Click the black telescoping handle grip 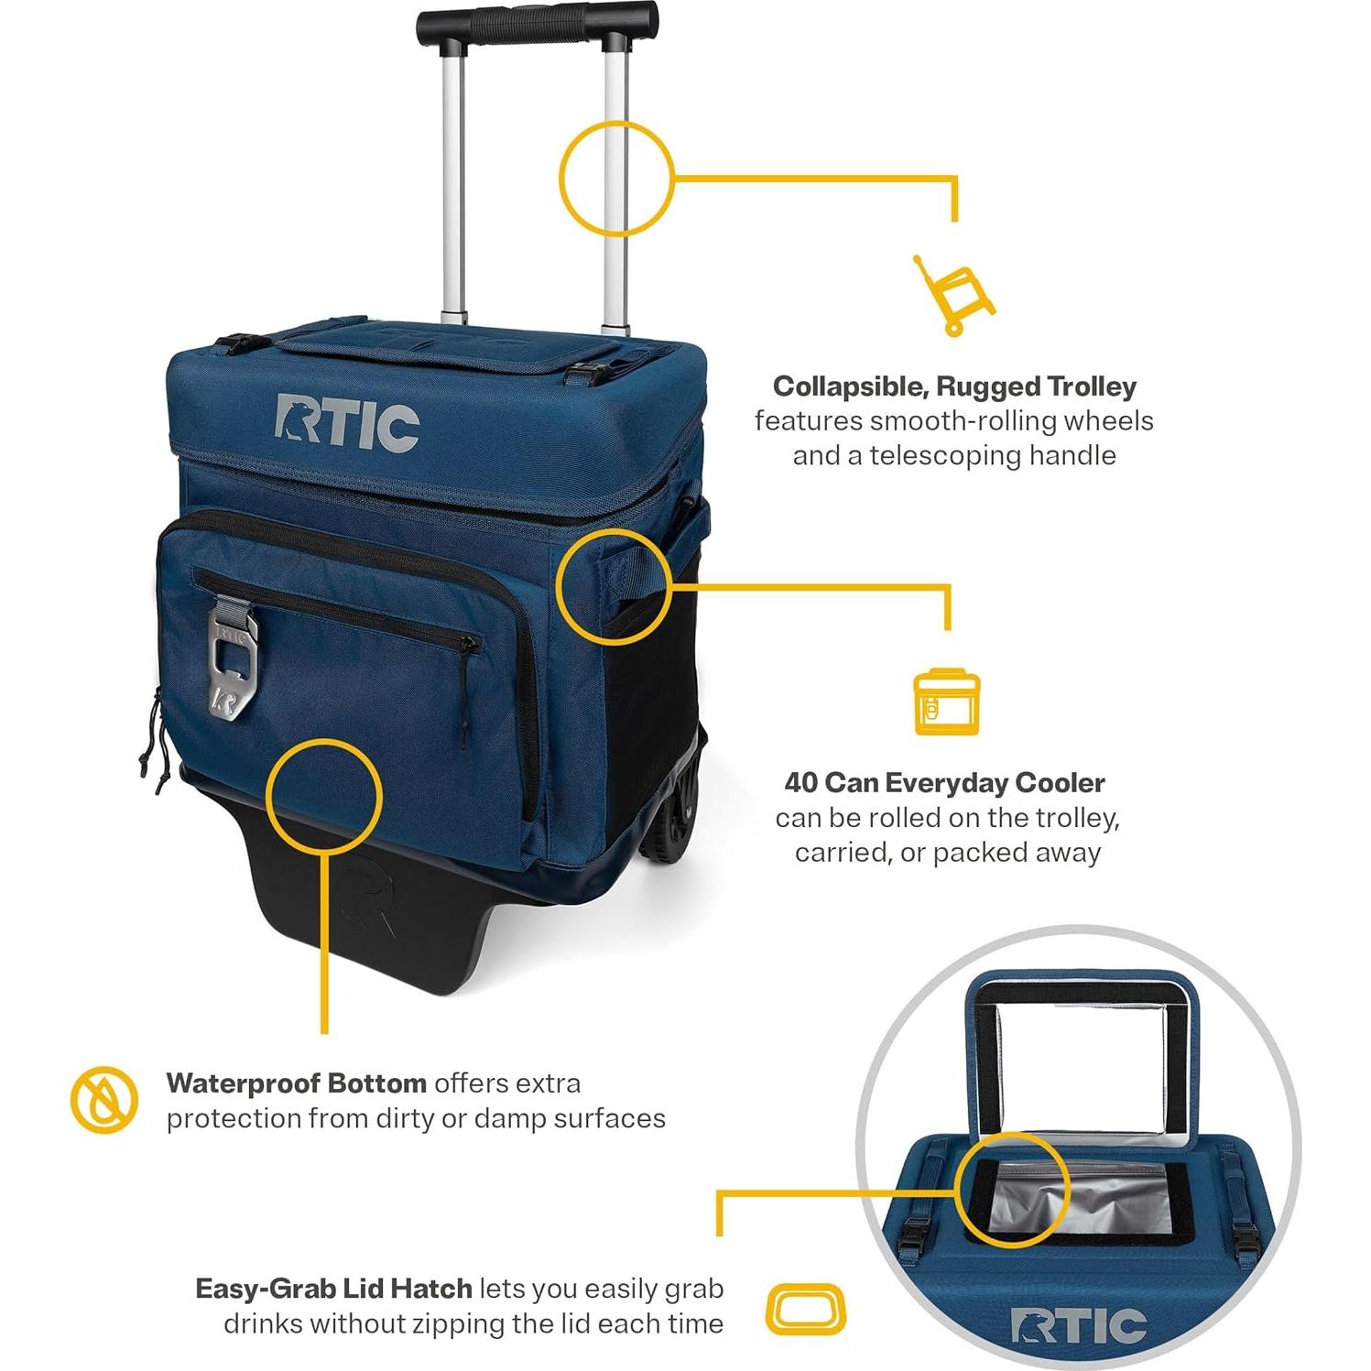[538, 24]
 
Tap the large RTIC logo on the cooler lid [347, 423]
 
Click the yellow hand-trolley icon [954, 295]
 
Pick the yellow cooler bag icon [947, 702]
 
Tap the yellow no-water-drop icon [104, 1099]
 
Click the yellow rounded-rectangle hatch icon [805, 1309]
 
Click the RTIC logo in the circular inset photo [1078, 1326]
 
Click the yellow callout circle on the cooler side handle [557, 586]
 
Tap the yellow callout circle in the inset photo [956, 1189]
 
